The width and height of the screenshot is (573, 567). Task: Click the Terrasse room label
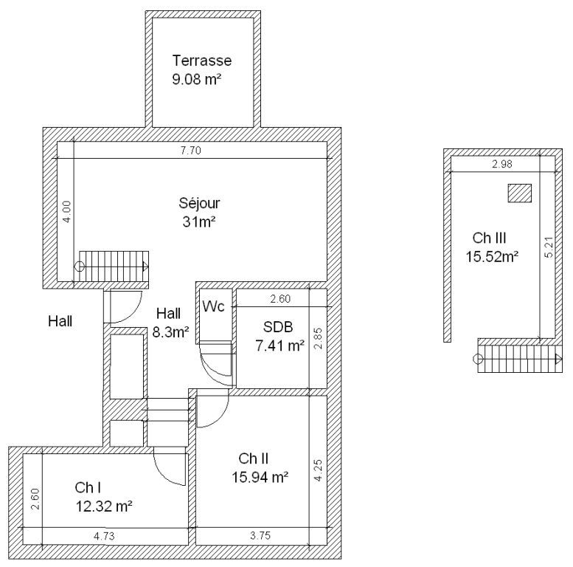pyautogui.click(x=202, y=61)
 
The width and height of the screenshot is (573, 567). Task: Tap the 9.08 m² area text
pyautogui.click(x=197, y=79)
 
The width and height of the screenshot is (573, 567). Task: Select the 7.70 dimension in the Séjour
pyautogui.click(x=191, y=151)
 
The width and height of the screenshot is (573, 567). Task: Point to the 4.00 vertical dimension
pyautogui.click(x=66, y=211)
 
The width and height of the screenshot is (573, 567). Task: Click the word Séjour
pyautogui.click(x=199, y=203)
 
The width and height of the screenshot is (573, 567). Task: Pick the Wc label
pyautogui.click(x=213, y=306)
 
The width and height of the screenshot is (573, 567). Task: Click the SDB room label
pyautogui.click(x=278, y=326)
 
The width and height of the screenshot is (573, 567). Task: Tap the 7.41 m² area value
pyautogui.click(x=280, y=346)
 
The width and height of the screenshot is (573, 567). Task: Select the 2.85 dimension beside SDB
pyautogui.click(x=318, y=338)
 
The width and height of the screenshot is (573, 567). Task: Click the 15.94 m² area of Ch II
pyautogui.click(x=260, y=477)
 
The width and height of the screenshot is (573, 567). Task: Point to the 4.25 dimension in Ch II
pyautogui.click(x=318, y=470)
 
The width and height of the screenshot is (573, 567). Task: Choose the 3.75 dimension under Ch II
pyautogui.click(x=260, y=536)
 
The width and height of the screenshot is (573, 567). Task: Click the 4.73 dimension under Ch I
pyautogui.click(x=104, y=536)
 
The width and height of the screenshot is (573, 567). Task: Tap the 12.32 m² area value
pyautogui.click(x=104, y=506)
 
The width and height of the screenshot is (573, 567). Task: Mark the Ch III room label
pyautogui.click(x=489, y=238)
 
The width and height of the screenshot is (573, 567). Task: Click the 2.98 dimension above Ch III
pyautogui.click(x=502, y=164)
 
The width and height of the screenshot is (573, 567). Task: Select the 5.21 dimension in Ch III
pyautogui.click(x=549, y=247)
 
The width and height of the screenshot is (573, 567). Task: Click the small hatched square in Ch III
pyautogui.click(x=519, y=193)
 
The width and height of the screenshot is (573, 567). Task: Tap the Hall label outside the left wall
pyautogui.click(x=60, y=321)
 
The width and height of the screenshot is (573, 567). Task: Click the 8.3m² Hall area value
pyautogui.click(x=170, y=332)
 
